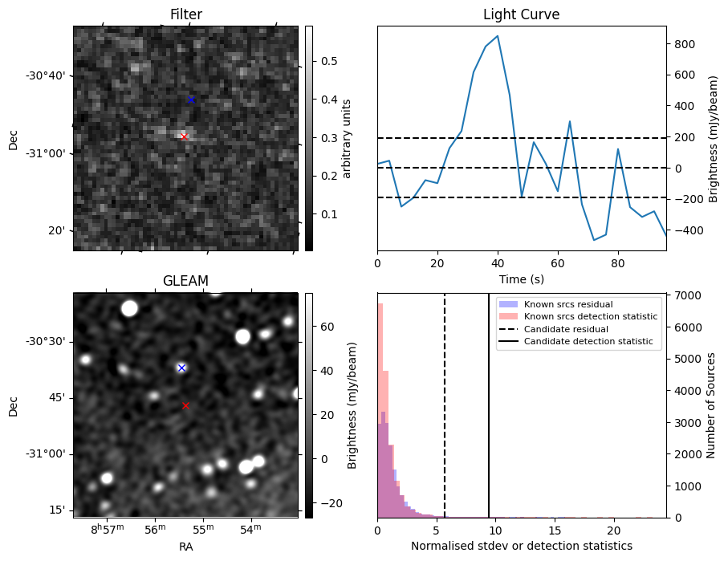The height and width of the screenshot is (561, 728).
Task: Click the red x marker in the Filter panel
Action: pos(184,137)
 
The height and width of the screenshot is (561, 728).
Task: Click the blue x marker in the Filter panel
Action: pos(191,100)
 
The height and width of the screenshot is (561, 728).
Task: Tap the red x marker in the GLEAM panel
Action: pos(185,406)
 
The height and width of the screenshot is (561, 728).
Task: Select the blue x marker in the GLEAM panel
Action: pos(181,368)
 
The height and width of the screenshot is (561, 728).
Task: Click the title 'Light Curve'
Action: pos(521,14)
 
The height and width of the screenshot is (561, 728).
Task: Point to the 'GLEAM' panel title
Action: pos(185,280)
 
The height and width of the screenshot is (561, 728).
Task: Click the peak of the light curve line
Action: pos(498,36)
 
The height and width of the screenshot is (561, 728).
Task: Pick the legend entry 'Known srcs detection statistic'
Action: pos(590,317)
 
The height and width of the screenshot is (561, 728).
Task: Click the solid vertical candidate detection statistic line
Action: pos(489,417)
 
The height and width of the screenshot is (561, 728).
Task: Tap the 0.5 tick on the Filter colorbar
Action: pos(329,61)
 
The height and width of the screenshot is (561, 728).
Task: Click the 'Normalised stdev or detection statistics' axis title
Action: pos(521,546)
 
